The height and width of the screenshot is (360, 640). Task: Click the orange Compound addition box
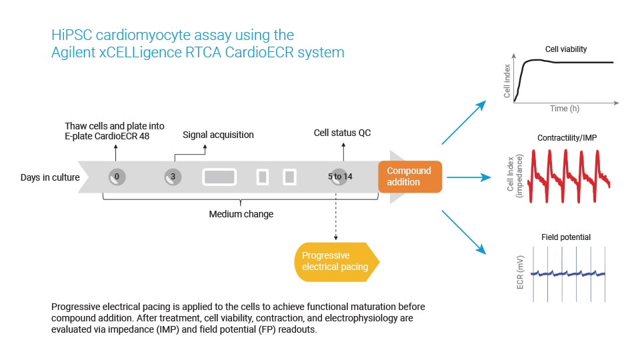pyautogui.click(x=409, y=177)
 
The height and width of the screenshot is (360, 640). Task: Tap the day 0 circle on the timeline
pyautogui.click(x=117, y=177)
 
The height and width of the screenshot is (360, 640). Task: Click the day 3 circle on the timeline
pyautogui.click(x=173, y=177)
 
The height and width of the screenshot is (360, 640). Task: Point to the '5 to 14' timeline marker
pyautogui.click(x=340, y=177)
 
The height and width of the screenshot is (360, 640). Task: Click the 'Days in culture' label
pyautogui.click(x=51, y=177)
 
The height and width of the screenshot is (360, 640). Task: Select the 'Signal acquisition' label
pyautogui.click(x=218, y=135)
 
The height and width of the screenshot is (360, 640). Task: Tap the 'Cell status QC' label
pyautogui.click(x=342, y=133)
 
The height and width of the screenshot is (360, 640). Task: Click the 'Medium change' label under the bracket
pyautogui.click(x=241, y=214)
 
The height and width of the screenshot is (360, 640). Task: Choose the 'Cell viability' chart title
pyautogui.click(x=565, y=49)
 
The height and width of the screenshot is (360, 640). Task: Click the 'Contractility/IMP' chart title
pyautogui.click(x=565, y=138)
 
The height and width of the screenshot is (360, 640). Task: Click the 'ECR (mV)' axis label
pyautogui.click(x=519, y=273)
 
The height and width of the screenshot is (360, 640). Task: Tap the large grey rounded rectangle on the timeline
pyautogui.click(x=219, y=177)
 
